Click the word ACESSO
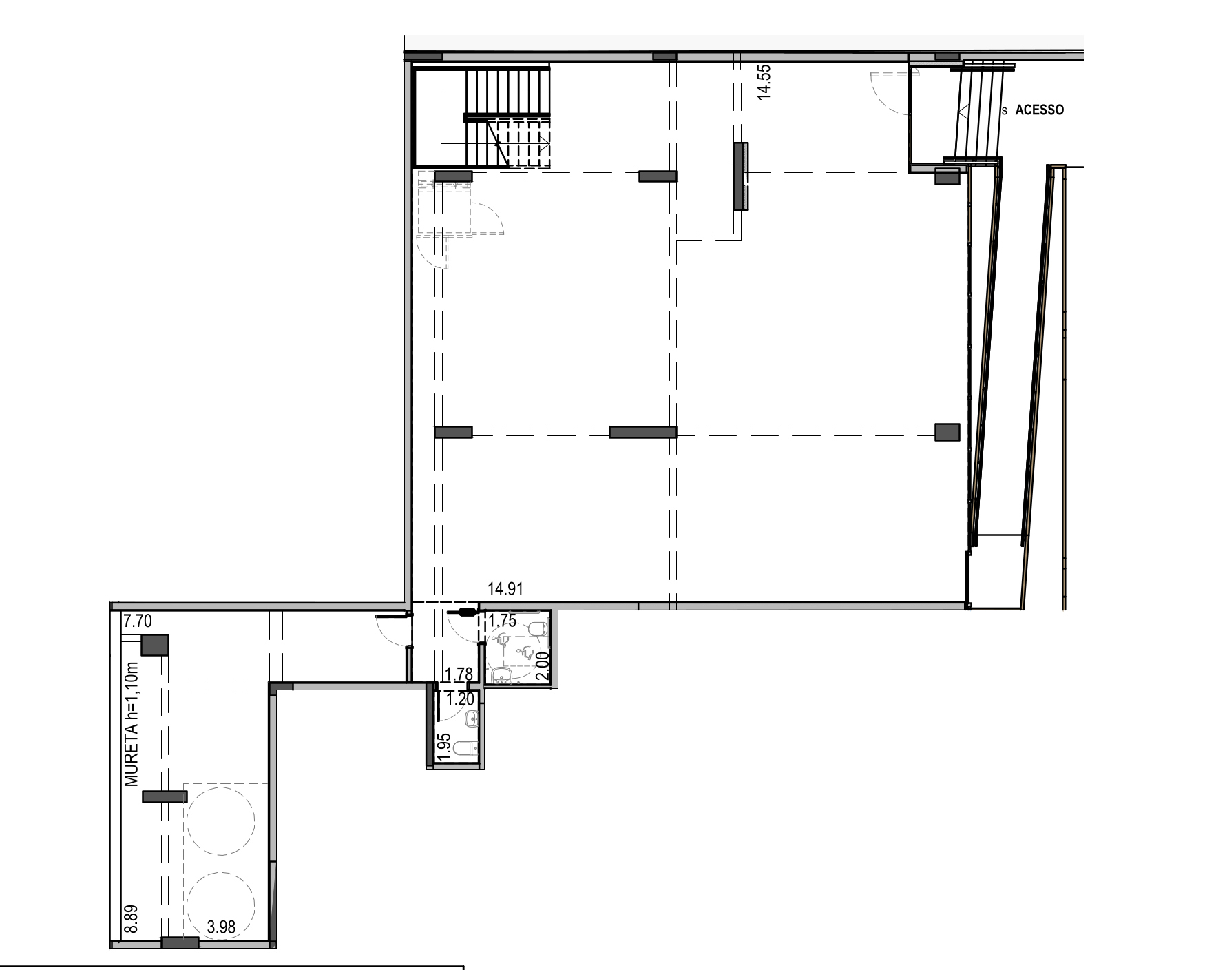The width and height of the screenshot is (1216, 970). (x=1039, y=110)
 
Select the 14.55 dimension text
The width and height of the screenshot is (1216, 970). (x=764, y=82)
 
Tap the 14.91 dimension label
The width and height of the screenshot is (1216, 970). (x=506, y=589)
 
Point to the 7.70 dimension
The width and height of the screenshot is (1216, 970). (x=137, y=621)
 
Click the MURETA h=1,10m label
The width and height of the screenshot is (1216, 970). (x=132, y=725)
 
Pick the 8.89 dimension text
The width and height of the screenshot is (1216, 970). (x=132, y=919)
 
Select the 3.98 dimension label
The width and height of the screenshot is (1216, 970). (x=221, y=927)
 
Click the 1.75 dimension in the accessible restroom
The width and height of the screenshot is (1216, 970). (x=502, y=621)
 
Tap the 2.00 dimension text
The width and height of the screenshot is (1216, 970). (x=543, y=666)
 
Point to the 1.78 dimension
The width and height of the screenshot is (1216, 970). (x=459, y=674)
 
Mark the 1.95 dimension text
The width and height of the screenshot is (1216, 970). (x=444, y=747)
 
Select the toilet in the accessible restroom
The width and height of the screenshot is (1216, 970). (x=538, y=628)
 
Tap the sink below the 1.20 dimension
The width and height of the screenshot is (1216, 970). (x=472, y=720)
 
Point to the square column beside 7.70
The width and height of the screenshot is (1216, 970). (x=155, y=646)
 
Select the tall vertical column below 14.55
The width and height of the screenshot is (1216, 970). (x=741, y=176)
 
